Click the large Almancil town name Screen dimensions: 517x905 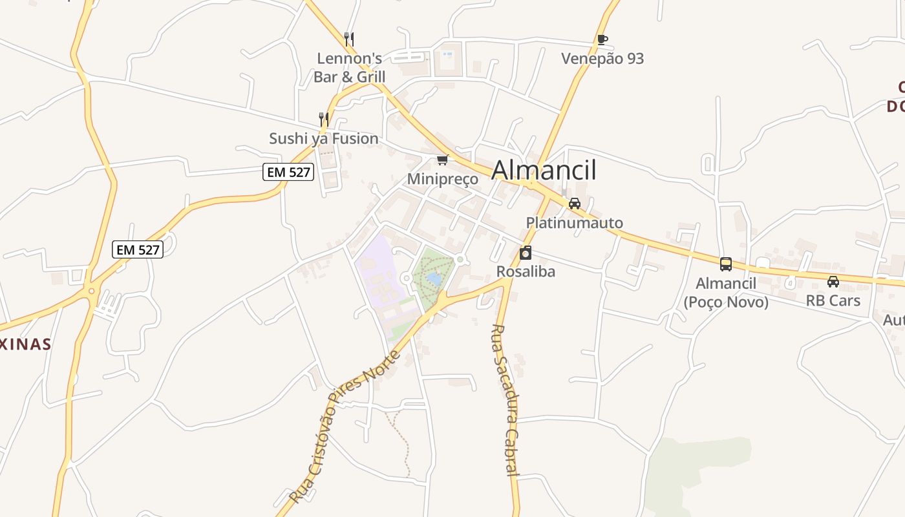pos(544,170)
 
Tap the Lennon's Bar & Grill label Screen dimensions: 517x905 pos(349,68)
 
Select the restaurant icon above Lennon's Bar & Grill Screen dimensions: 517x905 pos(349,39)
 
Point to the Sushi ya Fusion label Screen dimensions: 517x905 pos(324,138)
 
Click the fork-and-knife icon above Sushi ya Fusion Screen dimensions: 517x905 pos(324,119)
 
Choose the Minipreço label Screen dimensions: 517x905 pos(443,179)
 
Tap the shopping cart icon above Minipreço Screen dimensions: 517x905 pos(443,160)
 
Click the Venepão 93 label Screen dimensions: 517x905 pos(602,59)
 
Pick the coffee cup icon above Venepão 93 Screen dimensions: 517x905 pos(602,39)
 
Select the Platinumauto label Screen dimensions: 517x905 pos(574,223)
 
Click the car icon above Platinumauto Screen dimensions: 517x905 pos(574,204)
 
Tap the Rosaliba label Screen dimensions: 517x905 pos(526,271)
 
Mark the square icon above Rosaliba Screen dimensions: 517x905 pos(526,252)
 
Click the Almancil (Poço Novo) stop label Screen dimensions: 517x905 pos(726,293)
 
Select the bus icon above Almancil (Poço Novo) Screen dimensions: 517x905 pos(726,264)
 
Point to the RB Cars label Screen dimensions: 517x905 pos(833,301)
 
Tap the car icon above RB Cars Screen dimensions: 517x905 pos(833,282)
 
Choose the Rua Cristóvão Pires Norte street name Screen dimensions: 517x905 pos(344,427)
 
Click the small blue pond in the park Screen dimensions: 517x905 pos(434,279)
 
